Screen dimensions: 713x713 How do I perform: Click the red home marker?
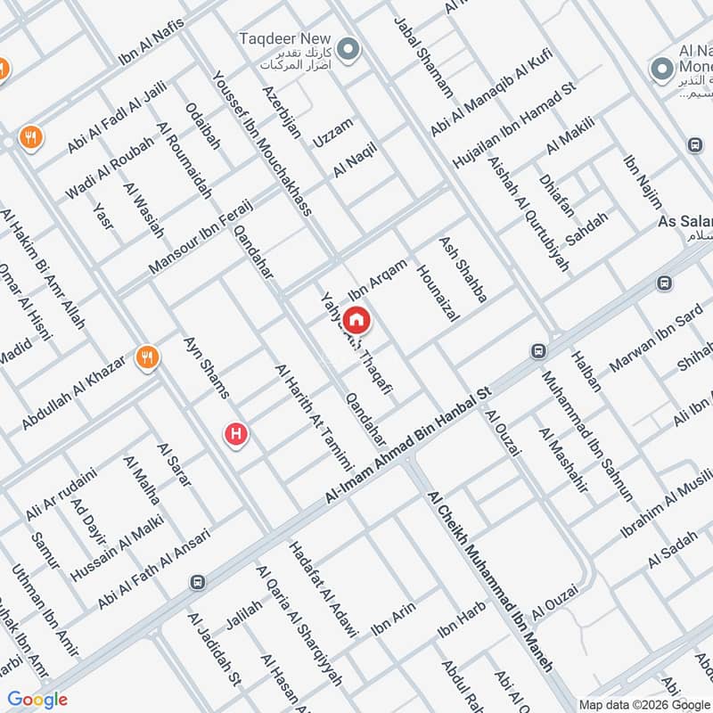(x=357, y=319)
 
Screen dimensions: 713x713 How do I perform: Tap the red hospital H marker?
(x=235, y=434)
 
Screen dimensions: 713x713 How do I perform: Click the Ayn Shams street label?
(x=206, y=367)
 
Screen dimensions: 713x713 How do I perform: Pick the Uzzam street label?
(x=332, y=133)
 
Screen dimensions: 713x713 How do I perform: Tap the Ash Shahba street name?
(x=463, y=269)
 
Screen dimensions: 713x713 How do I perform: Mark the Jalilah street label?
(x=245, y=619)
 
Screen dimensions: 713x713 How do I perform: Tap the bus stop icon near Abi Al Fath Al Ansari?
(x=196, y=582)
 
